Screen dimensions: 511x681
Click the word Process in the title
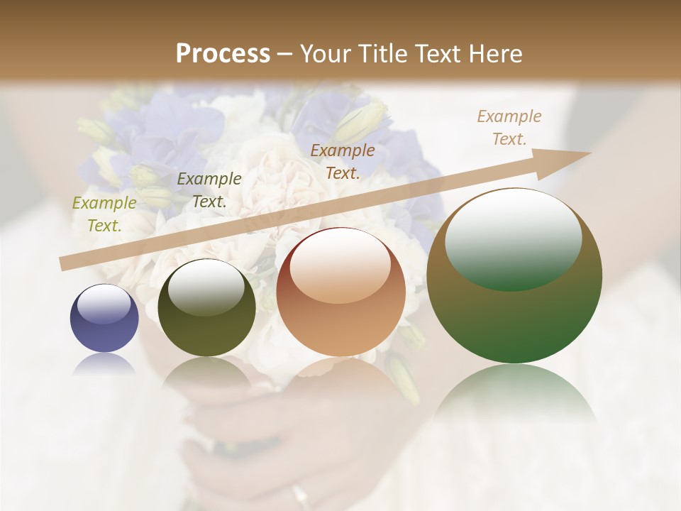[223, 54]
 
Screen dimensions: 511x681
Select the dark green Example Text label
[209, 190]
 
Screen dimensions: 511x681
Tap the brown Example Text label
[343, 162]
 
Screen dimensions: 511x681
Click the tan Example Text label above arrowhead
[509, 128]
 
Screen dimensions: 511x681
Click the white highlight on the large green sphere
[513, 241]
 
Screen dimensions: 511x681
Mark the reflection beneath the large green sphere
[514, 394]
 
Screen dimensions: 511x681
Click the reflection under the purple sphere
[104, 363]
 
